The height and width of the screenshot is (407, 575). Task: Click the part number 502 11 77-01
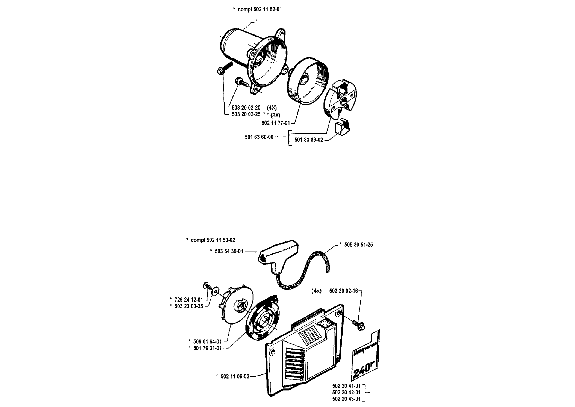276,123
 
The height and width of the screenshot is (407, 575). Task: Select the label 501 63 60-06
259,137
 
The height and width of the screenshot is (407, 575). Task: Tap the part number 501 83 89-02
309,140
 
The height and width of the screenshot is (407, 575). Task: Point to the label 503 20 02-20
246,108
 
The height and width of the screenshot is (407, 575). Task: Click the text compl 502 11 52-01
260,9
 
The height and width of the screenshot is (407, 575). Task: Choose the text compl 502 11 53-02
213,240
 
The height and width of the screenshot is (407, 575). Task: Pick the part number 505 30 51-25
358,245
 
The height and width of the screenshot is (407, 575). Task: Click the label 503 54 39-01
229,251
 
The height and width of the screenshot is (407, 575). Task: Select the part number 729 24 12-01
189,299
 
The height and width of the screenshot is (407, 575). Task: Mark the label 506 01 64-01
208,341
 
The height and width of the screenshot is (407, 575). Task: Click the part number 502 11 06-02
235,376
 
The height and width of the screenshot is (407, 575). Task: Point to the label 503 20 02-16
343,291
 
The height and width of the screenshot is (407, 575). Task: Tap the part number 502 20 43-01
346,399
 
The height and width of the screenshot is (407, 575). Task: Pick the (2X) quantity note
275,115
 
